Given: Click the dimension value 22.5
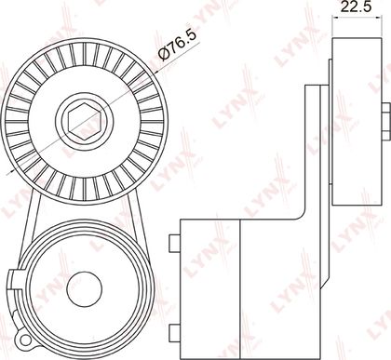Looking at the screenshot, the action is pos(356,7).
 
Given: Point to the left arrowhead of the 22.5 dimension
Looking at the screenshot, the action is pos(334,18).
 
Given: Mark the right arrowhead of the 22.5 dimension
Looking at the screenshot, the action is pos(378,18).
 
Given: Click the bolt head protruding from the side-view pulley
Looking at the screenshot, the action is pos(385,121).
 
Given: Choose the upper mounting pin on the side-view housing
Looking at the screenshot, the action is pos(175,243).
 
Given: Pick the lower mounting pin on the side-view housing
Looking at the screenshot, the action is pos(175,333).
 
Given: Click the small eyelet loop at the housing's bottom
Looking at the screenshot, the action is pos(21,339).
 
